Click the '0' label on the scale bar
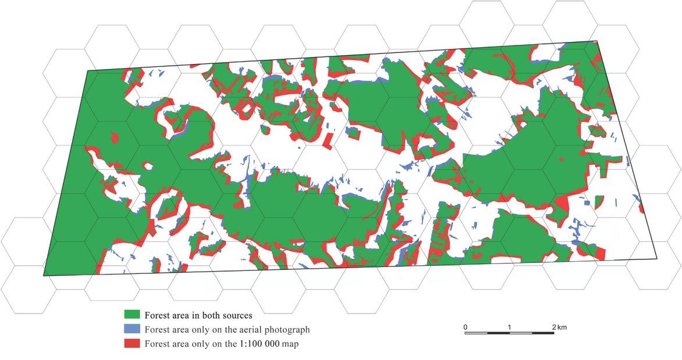click(x=466, y=327)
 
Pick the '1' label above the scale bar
click(x=510, y=327)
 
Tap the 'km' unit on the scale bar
click(x=562, y=327)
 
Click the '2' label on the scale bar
click(x=553, y=327)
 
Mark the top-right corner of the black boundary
click(x=597, y=41)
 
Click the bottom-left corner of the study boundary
click(x=44, y=276)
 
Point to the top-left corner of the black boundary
click(x=88, y=71)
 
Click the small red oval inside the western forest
click(x=115, y=138)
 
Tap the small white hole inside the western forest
click(x=149, y=166)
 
